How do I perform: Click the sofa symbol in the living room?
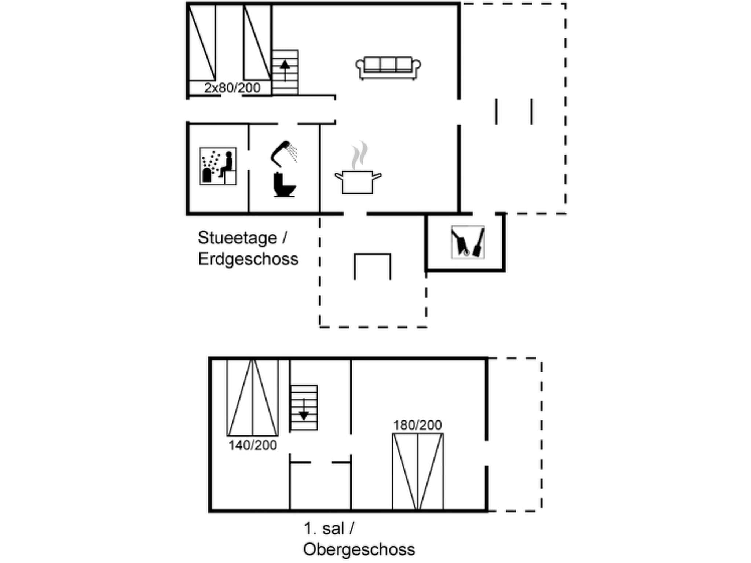click(388, 68)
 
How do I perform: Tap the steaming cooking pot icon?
click(358, 181)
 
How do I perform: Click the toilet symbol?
click(284, 185)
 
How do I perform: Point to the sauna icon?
click(218, 166)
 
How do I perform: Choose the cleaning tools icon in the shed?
click(468, 242)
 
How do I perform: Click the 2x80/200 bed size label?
click(232, 88)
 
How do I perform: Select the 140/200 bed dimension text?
click(253, 445)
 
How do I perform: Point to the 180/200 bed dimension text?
click(417, 425)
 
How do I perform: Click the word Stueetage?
click(238, 238)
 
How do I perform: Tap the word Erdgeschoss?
click(248, 259)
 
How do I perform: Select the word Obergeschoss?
click(359, 549)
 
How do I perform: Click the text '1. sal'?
click(324, 529)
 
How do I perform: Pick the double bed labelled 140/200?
click(252, 398)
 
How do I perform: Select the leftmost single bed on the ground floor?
click(202, 43)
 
